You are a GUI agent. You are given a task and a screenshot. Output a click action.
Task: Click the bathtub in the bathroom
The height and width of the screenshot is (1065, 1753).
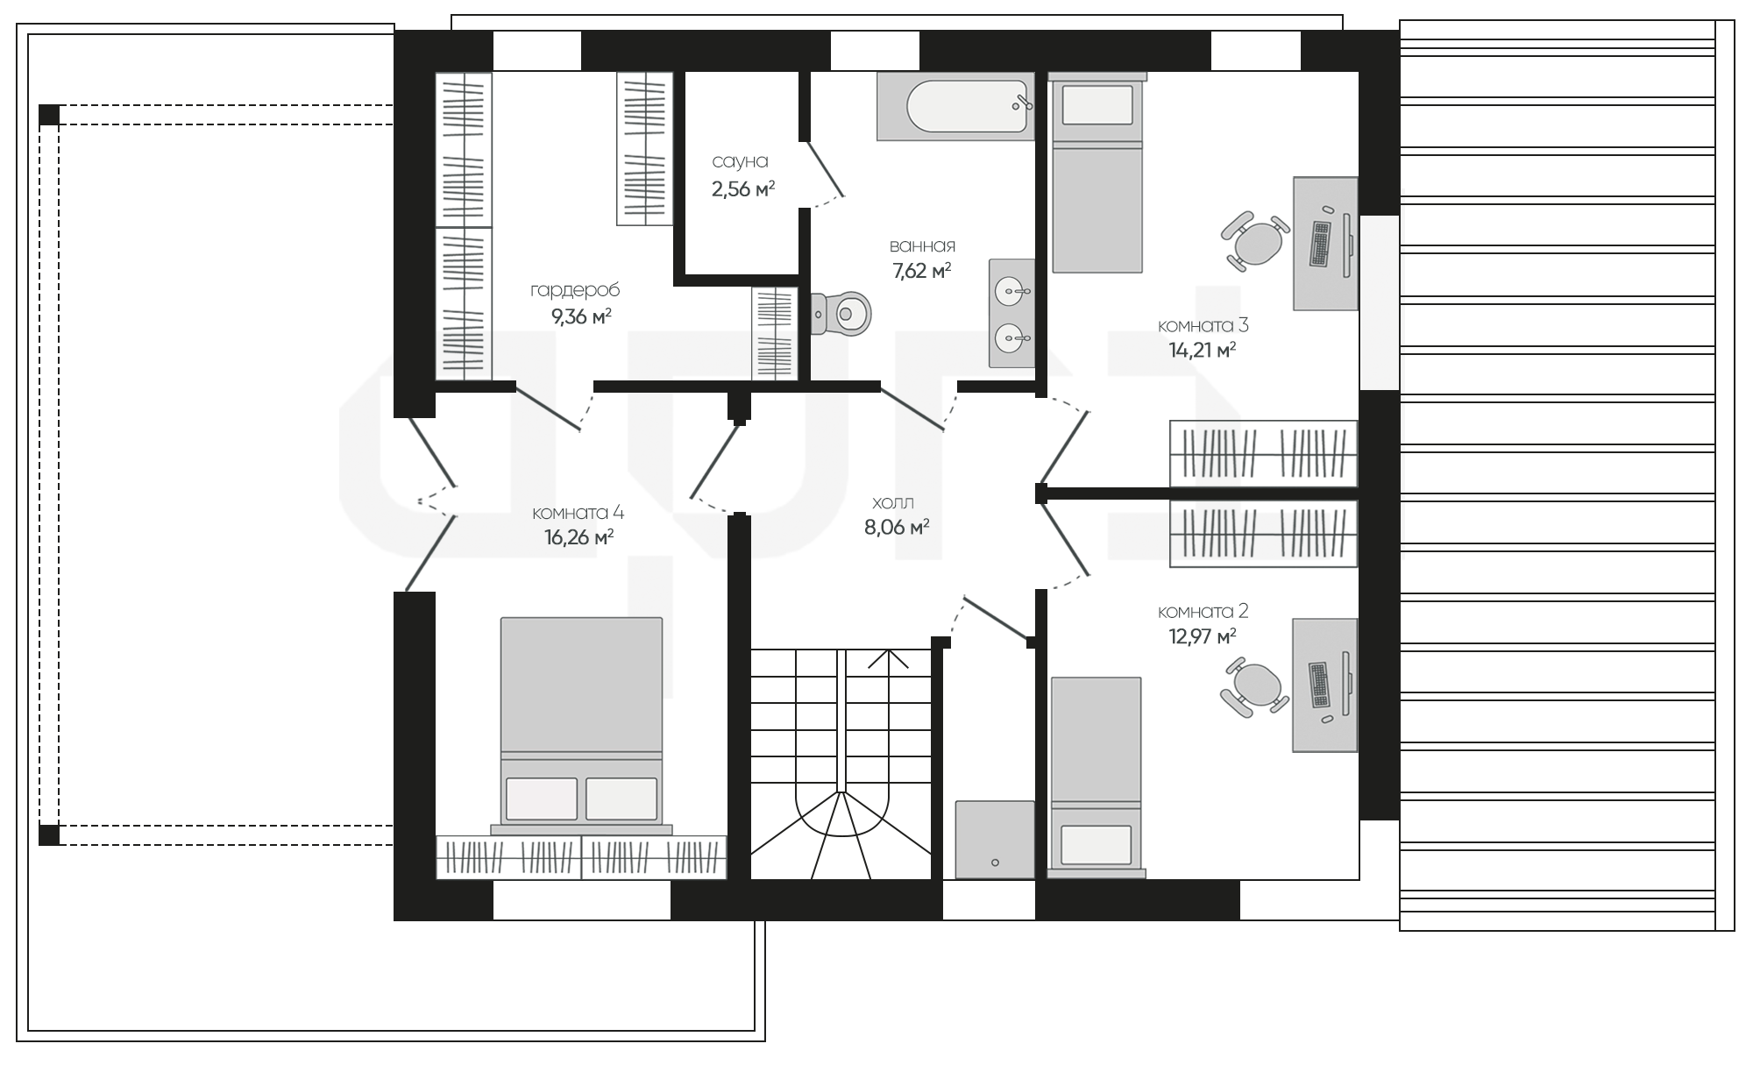[x=955, y=106]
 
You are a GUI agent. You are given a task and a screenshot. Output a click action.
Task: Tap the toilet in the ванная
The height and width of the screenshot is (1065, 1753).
[x=841, y=313]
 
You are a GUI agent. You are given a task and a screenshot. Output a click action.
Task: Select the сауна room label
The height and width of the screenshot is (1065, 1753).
[x=740, y=161]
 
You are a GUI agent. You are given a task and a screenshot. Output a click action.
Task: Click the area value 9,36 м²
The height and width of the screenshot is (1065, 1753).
[x=581, y=316]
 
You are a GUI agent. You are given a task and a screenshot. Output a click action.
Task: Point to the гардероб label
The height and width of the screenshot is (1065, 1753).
[x=575, y=290]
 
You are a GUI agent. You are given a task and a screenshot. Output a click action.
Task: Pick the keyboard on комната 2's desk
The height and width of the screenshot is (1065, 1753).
[x=1320, y=685]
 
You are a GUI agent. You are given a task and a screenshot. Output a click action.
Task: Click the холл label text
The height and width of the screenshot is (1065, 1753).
[x=893, y=503]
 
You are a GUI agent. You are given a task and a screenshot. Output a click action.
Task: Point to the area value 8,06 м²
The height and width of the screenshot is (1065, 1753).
[x=897, y=528]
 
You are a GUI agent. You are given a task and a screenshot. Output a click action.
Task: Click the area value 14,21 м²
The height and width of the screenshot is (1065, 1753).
[x=1203, y=350]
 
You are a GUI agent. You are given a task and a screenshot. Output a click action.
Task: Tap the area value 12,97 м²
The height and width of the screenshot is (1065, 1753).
[x=1203, y=635]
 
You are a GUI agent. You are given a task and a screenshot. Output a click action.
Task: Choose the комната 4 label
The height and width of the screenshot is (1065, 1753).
[x=578, y=513]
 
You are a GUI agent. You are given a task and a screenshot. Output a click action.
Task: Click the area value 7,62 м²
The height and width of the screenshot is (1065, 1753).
[x=922, y=270]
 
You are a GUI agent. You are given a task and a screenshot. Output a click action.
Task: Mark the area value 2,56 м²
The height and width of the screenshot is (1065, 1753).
[x=743, y=188]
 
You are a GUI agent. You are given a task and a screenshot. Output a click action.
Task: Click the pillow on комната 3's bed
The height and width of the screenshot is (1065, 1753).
[x=1097, y=104]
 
